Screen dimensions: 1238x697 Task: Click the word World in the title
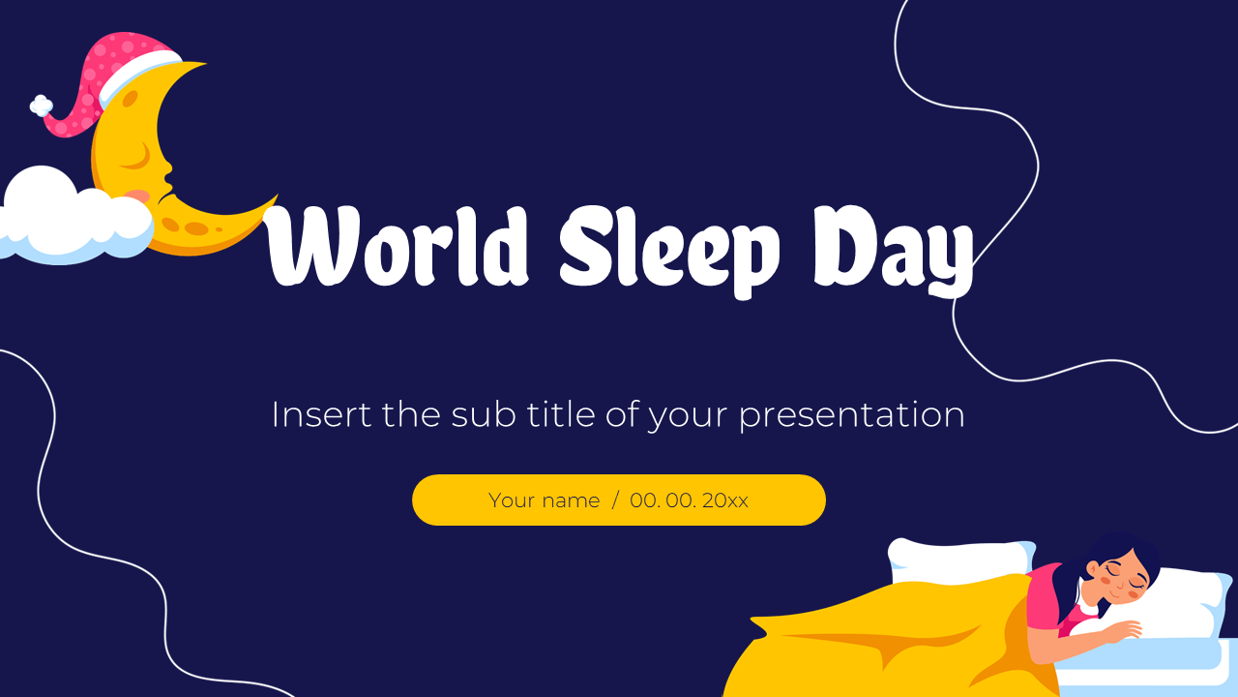point(397,246)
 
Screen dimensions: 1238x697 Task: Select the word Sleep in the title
point(669,252)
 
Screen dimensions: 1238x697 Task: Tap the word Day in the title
point(894,252)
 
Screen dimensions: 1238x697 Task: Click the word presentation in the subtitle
point(852,416)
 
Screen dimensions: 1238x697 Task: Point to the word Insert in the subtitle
point(321,414)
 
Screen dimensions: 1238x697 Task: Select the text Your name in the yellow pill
point(544,500)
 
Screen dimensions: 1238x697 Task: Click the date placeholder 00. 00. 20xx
point(690,500)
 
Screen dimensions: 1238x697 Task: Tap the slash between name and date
point(615,500)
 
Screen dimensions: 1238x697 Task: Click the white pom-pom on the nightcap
point(42,106)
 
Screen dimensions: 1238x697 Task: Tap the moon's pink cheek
point(138,196)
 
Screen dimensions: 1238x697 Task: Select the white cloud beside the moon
point(74,219)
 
